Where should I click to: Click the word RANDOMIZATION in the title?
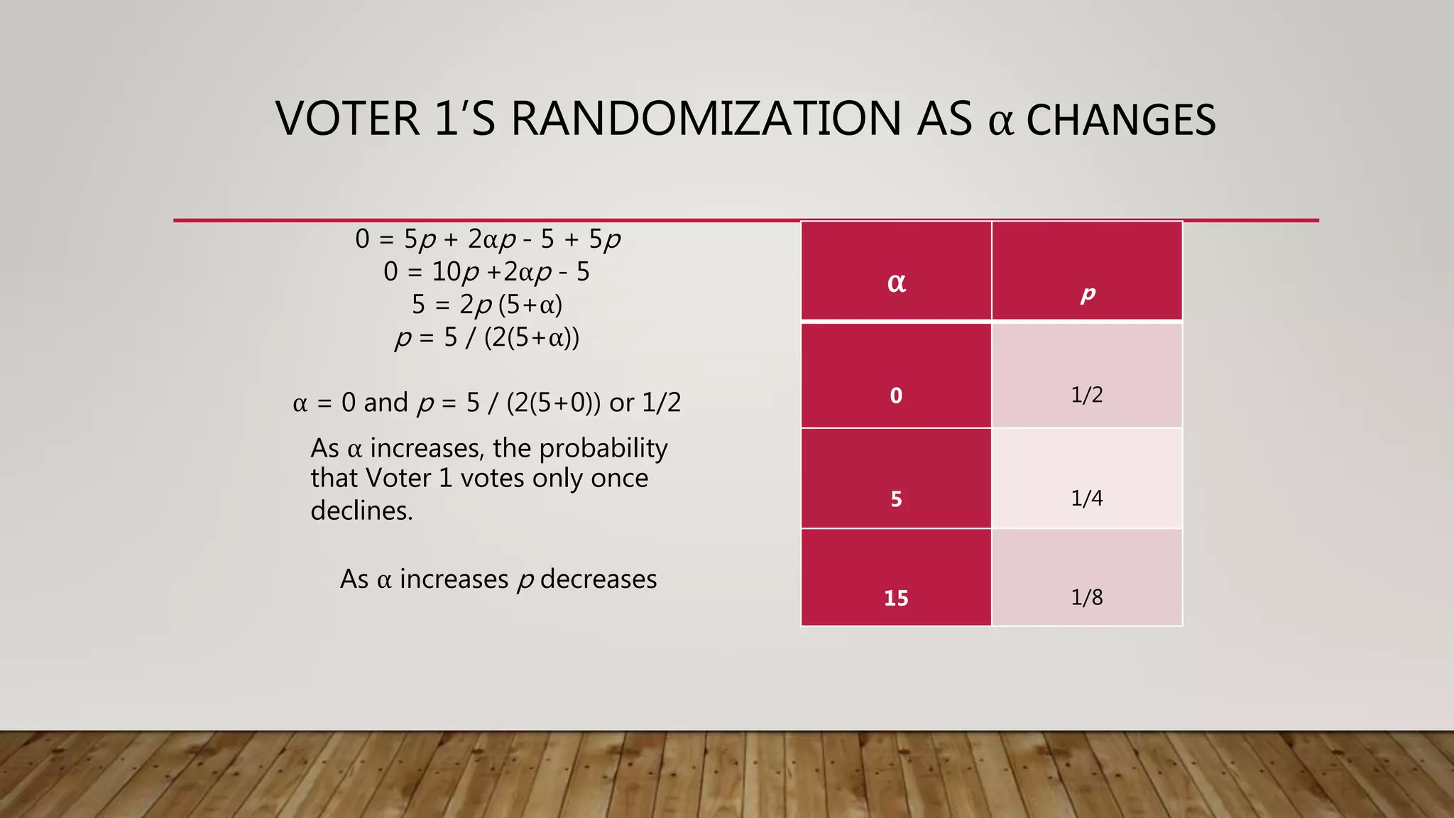pyautogui.click(x=706, y=119)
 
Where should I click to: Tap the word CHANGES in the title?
pyautogui.click(x=1121, y=120)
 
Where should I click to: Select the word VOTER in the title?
pyautogui.click(x=348, y=119)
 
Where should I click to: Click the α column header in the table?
pyautogui.click(x=896, y=282)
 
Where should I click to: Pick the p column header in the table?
pyautogui.click(x=1087, y=293)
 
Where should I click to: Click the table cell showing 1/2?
pyautogui.click(x=1087, y=394)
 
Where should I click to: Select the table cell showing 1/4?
pyautogui.click(x=1087, y=498)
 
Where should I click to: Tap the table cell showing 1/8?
pyautogui.click(x=1087, y=596)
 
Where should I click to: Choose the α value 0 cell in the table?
pyautogui.click(x=896, y=395)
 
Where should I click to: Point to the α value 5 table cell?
pyautogui.click(x=896, y=498)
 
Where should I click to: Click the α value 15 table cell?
pyautogui.click(x=896, y=598)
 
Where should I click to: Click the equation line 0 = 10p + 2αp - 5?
pyautogui.click(x=487, y=272)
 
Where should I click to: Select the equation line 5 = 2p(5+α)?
pyautogui.click(x=487, y=305)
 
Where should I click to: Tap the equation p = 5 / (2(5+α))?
pyautogui.click(x=487, y=337)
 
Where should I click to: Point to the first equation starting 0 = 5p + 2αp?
pyautogui.click(x=488, y=239)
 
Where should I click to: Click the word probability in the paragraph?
pyautogui.click(x=603, y=449)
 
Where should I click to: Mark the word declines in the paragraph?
pyautogui.click(x=361, y=511)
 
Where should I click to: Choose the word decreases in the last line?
pyautogui.click(x=598, y=579)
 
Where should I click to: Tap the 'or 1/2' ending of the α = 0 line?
pyautogui.click(x=645, y=403)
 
